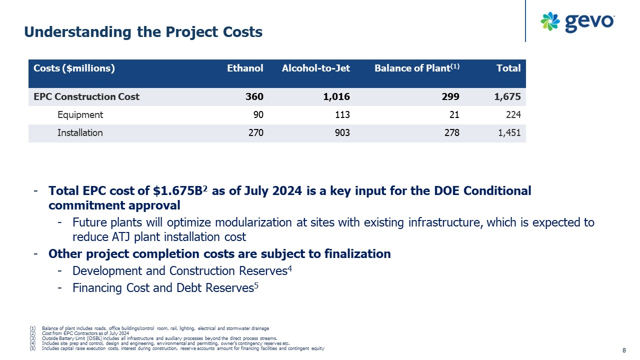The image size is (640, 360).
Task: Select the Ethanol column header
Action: pyautogui.click(x=245, y=68)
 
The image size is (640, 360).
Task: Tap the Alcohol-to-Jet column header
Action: pyautogui.click(x=316, y=68)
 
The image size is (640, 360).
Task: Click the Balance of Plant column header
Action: pyautogui.click(x=416, y=68)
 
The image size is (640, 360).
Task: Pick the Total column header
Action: pyautogui.click(x=508, y=68)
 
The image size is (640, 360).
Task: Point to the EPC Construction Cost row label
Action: pyautogui.click(x=86, y=97)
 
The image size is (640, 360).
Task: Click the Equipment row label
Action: pyautogui.click(x=80, y=115)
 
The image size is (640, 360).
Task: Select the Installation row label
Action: pyautogui.click(x=80, y=133)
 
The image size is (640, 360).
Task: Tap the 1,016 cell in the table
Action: pyautogui.click(x=337, y=97)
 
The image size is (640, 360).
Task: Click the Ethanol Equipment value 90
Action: pyautogui.click(x=258, y=115)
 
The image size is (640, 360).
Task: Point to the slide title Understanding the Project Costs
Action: pyautogui.click(x=143, y=32)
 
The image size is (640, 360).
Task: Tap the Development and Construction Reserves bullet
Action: pyautogui.click(x=179, y=271)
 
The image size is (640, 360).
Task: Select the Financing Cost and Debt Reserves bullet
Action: pyautogui.click(x=163, y=288)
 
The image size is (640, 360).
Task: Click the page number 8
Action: pyautogui.click(x=624, y=350)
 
